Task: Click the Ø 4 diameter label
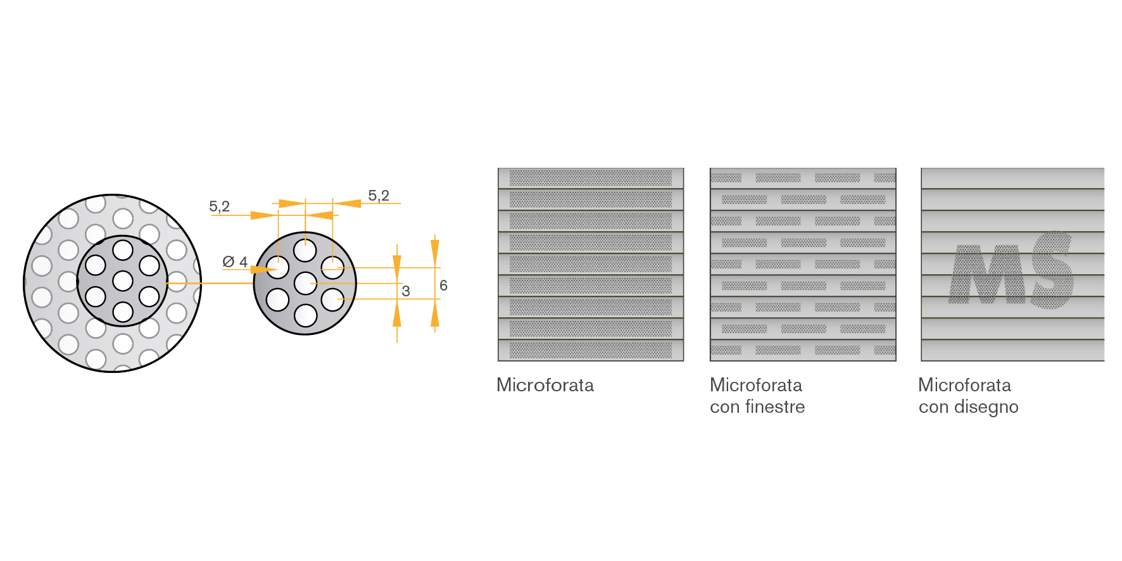coord(235,262)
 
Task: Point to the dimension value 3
coord(406,291)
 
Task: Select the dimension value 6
coord(443,286)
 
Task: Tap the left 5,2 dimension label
coord(219,206)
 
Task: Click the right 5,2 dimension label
coord(379,196)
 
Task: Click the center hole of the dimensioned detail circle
coord(305,283)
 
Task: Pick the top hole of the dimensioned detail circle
coord(305,251)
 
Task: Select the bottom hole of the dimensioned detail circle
coord(305,315)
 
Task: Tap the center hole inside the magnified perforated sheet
coord(123,280)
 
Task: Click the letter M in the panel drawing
coord(988,274)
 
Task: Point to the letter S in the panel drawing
coord(1052,270)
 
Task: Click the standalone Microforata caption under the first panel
coord(545,385)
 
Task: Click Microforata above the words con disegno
coord(964,385)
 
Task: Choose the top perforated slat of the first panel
coord(591,178)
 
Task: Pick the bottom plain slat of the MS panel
coord(1012,350)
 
